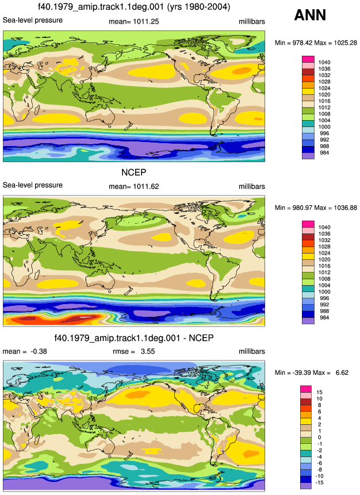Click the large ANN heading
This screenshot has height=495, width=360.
tap(310, 15)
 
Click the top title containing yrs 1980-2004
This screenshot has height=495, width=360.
tap(134, 6)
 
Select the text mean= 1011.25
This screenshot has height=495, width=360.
tap(133, 22)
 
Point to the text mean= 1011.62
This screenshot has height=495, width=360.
tap(133, 187)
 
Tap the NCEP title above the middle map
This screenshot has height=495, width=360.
tap(134, 172)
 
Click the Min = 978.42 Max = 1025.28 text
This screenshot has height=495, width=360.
tap(316, 43)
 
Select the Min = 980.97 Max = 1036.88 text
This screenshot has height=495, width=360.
tap(316, 208)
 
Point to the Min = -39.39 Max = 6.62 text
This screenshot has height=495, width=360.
tap(311, 373)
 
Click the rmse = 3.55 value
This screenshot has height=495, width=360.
tap(133, 351)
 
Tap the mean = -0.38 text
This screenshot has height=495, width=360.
tap(25, 351)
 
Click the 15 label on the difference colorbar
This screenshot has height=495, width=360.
tap(319, 392)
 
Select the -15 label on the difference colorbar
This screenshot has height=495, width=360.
tap(320, 482)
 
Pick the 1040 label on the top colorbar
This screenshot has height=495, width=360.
tap(324, 63)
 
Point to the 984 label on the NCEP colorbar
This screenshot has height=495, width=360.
tap(324, 317)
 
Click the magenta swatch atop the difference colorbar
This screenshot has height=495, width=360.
tap(305, 389)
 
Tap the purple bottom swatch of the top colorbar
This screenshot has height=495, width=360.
tap(308, 156)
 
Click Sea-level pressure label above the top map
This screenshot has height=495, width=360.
tap(33, 20)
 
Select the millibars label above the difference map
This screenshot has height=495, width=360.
tap(252, 351)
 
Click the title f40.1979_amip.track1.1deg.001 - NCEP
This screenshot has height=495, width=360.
tap(134, 338)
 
